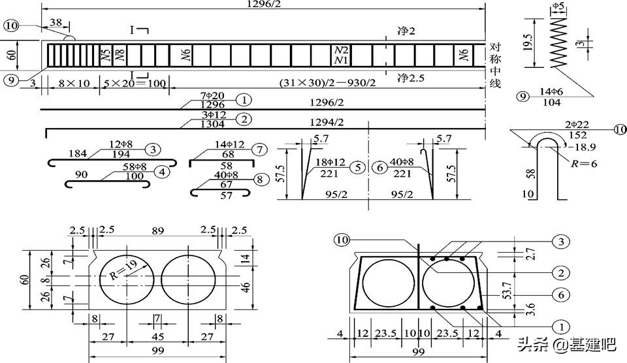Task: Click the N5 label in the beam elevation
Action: (106, 55)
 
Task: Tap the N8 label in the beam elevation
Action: (120, 55)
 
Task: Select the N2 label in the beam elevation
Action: (341, 50)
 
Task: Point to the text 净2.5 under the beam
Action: (411, 78)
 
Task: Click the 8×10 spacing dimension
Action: (74, 83)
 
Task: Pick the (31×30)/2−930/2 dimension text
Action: (328, 83)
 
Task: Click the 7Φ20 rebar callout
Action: (212, 96)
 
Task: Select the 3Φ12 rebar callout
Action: (214, 115)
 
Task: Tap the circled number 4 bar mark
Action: (162, 172)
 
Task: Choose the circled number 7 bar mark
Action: (259, 150)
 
